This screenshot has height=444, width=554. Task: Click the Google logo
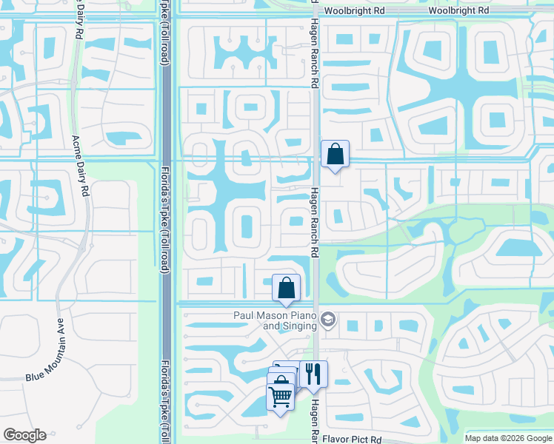25,435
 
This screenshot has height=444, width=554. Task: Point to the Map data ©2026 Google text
508,438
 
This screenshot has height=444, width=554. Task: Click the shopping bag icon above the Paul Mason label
286,288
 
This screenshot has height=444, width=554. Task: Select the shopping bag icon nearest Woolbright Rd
335,155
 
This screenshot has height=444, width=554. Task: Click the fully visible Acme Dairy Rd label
79,164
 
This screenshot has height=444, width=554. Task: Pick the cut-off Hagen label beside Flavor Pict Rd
314,421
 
